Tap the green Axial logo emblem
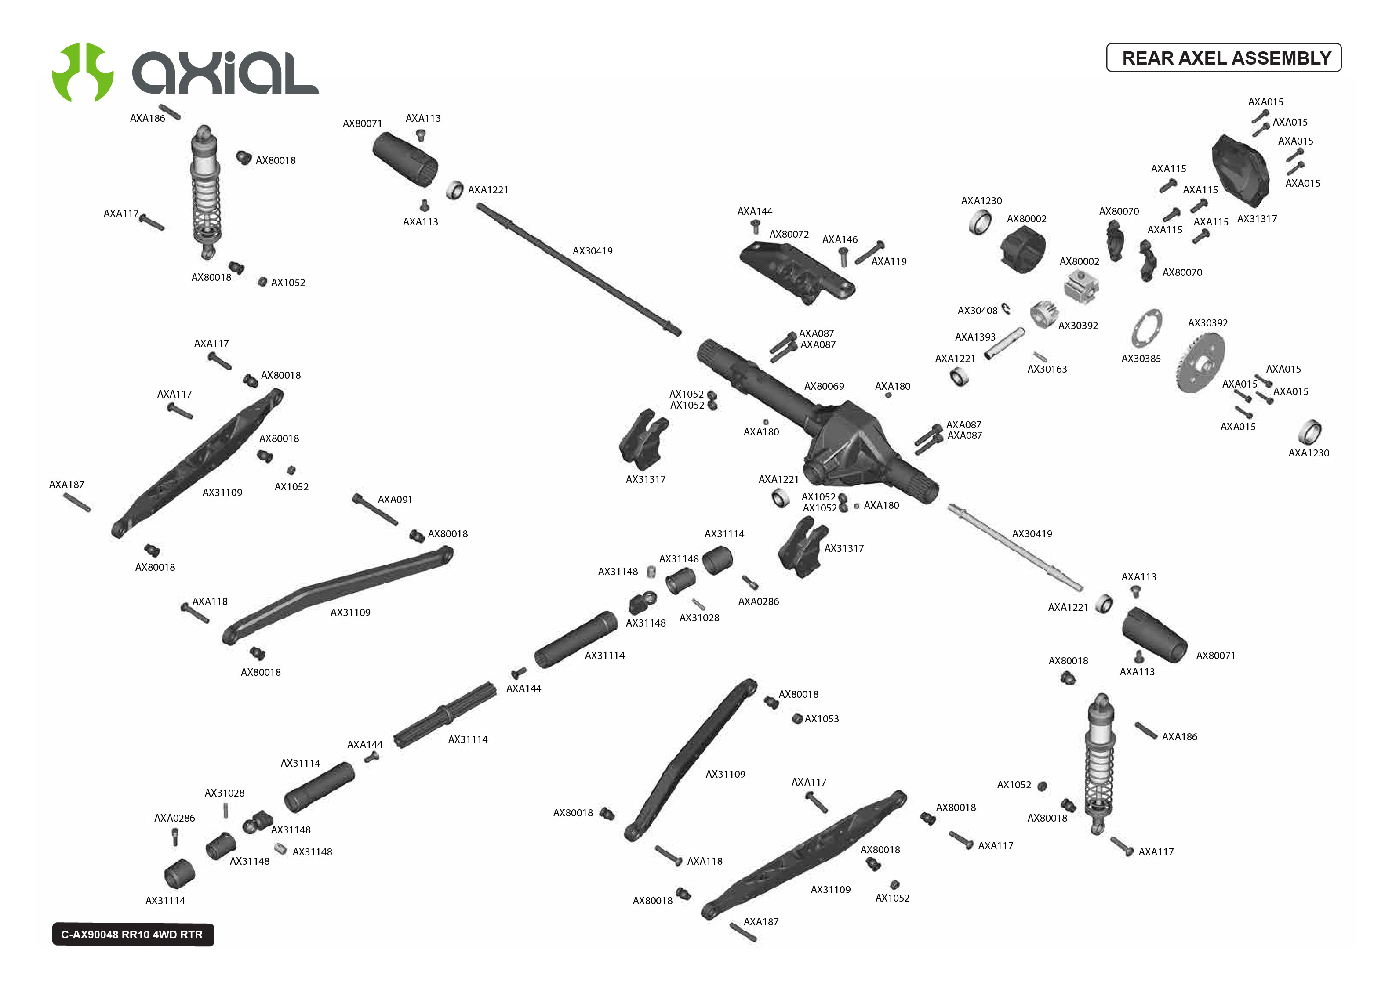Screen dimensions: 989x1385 click(83, 72)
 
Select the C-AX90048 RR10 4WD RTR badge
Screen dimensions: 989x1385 click(133, 934)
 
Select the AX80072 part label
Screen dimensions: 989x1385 click(789, 235)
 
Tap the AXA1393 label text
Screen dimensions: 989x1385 click(974, 337)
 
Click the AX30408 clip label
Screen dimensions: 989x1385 click(977, 311)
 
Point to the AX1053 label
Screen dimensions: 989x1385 click(821, 719)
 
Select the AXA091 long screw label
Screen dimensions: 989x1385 click(395, 500)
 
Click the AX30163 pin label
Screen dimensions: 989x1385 click(1047, 369)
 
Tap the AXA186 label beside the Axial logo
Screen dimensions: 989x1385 click(147, 118)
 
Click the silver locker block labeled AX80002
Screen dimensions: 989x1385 click(1081, 286)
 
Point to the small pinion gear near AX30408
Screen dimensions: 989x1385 click(1043, 314)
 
